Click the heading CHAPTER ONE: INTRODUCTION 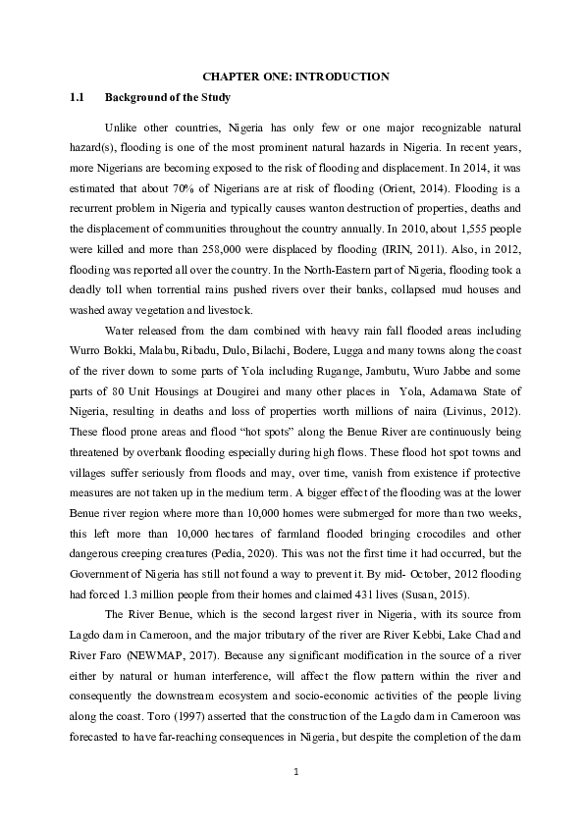[295, 77]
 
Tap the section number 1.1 [77, 98]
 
